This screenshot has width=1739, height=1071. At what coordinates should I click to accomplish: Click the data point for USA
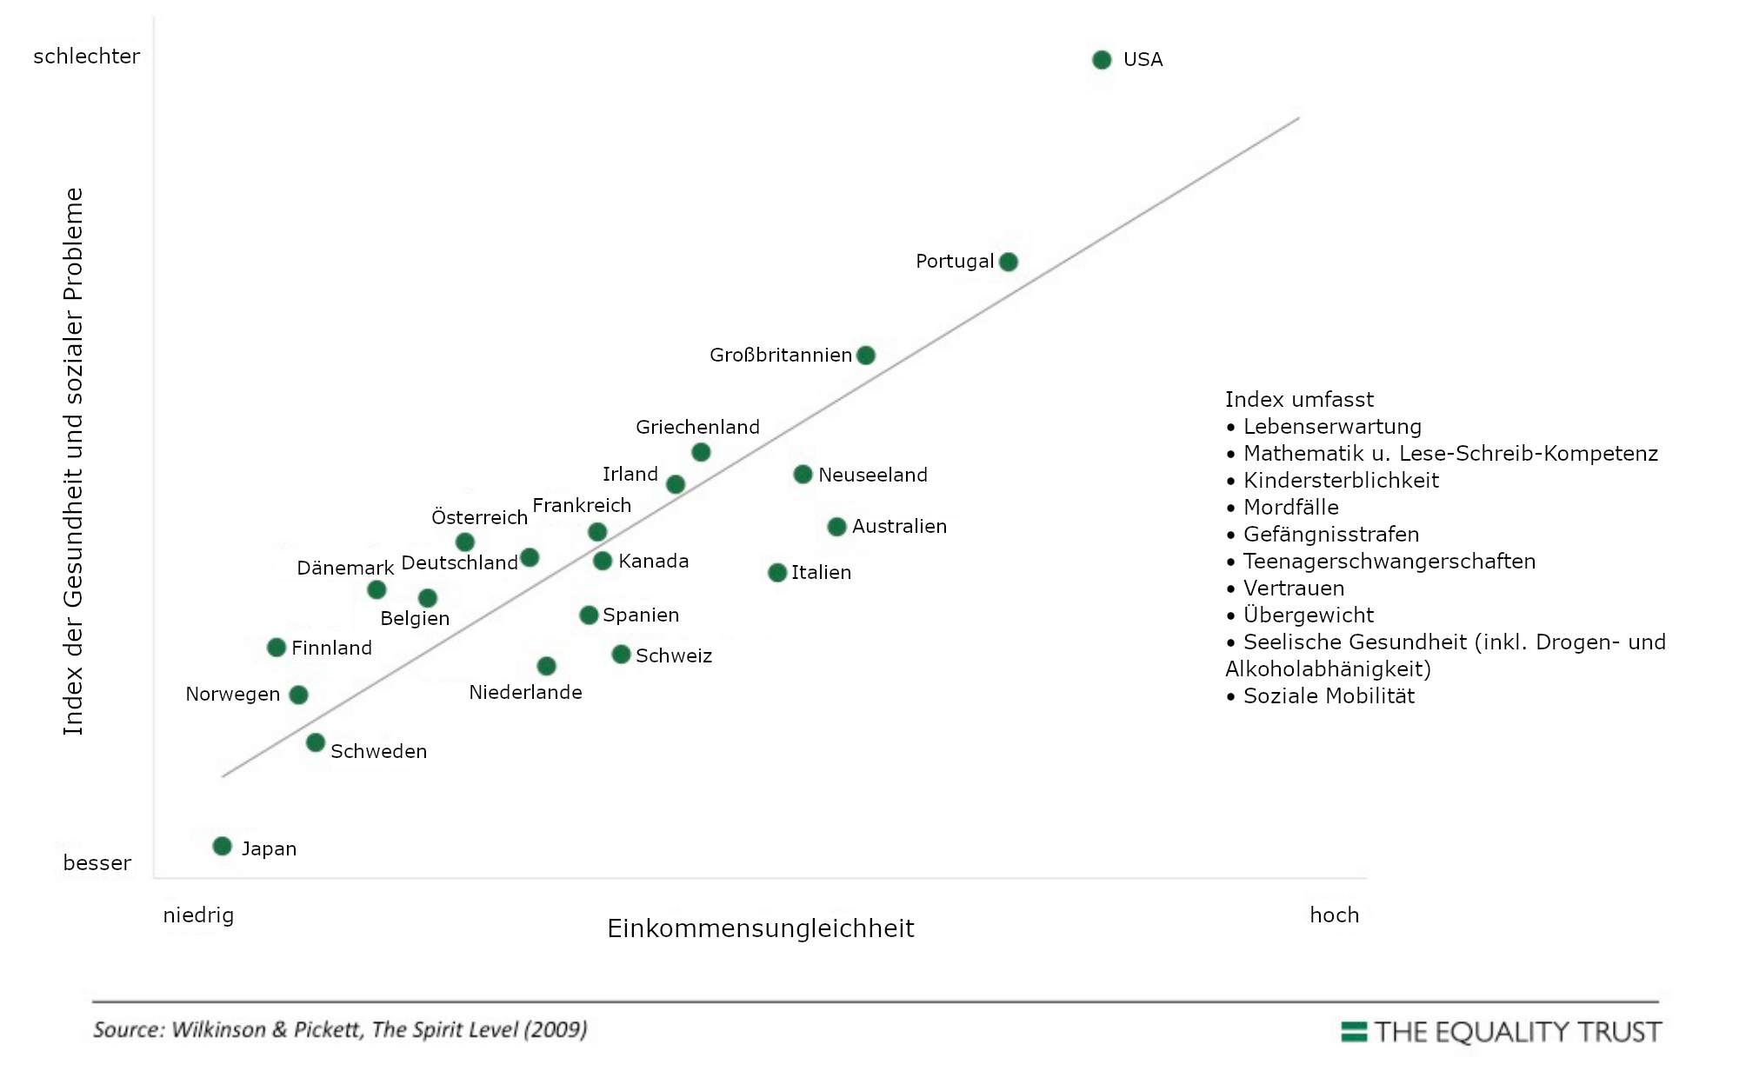click(1102, 60)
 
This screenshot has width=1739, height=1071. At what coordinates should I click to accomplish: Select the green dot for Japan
click(223, 846)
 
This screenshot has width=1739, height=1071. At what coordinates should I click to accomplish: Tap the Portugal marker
click(1009, 262)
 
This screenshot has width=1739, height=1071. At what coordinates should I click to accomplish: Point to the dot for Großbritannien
click(866, 355)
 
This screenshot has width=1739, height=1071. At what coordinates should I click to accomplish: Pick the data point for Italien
click(777, 572)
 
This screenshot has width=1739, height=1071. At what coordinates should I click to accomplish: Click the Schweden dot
click(316, 742)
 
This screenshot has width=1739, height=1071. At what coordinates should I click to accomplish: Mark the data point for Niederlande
click(546, 666)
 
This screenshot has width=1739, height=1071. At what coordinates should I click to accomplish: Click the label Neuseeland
click(873, 475)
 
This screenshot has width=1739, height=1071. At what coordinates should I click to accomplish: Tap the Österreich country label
click(479, 517)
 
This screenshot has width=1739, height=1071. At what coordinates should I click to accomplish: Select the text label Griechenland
click(697, 427)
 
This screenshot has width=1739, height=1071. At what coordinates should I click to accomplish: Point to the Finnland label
click(331, 648)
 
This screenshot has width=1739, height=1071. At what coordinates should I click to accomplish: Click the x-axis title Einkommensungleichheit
click(760, 928)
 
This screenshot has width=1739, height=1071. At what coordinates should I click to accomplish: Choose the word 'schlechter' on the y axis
click(86, 57)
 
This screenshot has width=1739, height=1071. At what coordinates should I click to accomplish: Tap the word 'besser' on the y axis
click(97, 863)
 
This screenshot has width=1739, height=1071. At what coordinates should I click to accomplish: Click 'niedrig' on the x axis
click(198, 915)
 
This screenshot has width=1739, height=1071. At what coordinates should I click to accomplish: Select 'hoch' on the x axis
click(1334, 915)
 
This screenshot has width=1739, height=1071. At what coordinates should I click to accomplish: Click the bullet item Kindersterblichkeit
click(1341, 481)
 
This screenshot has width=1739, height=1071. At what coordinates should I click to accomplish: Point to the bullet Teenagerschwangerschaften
click(1389, 562)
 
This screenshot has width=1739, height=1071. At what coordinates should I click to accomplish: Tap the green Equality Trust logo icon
click(1354, 1032)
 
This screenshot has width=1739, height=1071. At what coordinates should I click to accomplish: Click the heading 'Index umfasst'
click(1299, 400)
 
